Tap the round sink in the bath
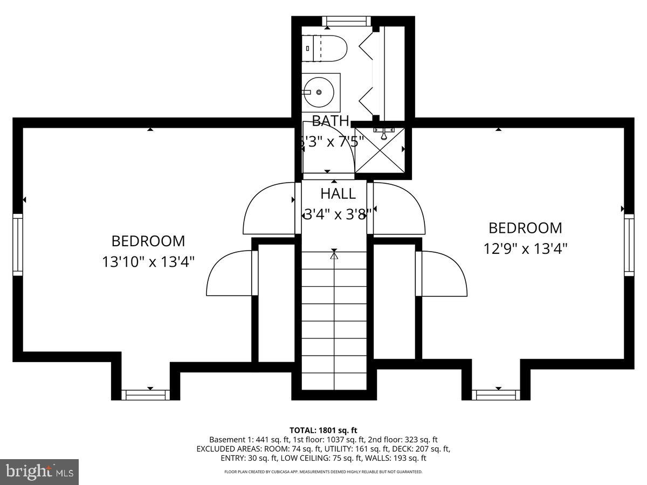pyautogui.click(x=319, y=92)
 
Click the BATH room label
pyautogui.click(x=331, y=121)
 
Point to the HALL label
pyautogui.click(x=338, y=193)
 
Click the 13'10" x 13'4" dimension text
pyautogui.click(x=148, y=262)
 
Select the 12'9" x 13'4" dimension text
pyautogui.click(x=525, y=248)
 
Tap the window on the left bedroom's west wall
pyautogui.click(x=18, y=244)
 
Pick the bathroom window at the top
pyautogui.click(x=347, y=21)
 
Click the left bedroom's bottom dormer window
pyautogui.click(x=145, y=395)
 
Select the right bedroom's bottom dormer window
pyautogui.click(x=496, y=395)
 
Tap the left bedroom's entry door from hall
pyautogui.click(x=270, y=209)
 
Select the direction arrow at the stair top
pyautogui.click(x=334, y=255)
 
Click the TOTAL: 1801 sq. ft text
pyautogui.click(x=323, y=430)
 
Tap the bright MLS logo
pyautogui.click(x=39, y=472)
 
